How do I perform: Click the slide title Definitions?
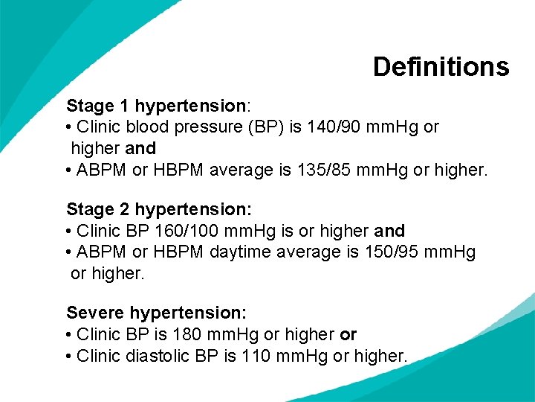[x=441, y=67]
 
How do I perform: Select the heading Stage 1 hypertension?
[x=156, y=106]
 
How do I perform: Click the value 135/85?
[x=329, y=170]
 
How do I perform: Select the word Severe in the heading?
[x=95, y=313]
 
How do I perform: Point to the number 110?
[x=256, y=356]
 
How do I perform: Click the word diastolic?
[x=156, y=356]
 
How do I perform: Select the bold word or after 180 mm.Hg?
[x=348, y=334]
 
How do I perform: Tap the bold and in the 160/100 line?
[x=390, y=231]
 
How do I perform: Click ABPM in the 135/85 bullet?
[x=102, y=170]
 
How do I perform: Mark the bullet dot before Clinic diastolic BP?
[x=69, y=356]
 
